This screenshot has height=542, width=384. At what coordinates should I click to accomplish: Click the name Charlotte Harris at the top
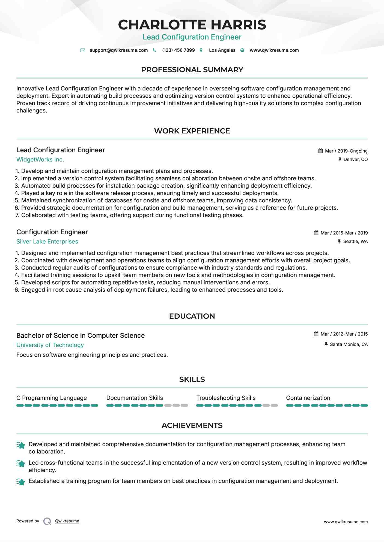[x=192, y=25]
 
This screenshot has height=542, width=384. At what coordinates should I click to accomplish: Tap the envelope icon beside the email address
[x=83, y=50]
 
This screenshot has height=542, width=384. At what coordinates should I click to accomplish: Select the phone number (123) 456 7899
[x=178, y=50]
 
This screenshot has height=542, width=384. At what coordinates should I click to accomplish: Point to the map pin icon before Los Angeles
[x=201, y=50]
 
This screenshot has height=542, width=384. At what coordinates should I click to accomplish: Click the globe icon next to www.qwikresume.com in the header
[x=242, y=50]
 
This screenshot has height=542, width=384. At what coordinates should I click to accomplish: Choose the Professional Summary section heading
[x=192, y=70]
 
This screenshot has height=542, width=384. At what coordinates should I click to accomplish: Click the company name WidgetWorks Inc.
[x=40, y=160]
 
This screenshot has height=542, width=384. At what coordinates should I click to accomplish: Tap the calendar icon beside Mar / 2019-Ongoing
[x=320, y=151]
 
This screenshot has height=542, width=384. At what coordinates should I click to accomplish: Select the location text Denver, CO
[x=355, y=160]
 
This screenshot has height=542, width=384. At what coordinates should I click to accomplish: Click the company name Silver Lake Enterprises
[x=47, y=242]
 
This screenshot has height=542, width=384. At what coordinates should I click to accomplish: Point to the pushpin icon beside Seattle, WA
[x=339, y=242]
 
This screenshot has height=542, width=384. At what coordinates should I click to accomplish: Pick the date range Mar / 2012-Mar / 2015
[x=344, y=334]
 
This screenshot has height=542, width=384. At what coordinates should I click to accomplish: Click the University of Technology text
[x=50, y=345]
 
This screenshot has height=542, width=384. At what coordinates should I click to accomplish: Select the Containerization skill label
[x=308, y=398]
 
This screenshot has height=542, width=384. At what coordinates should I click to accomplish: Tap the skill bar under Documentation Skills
[x=147, y=406]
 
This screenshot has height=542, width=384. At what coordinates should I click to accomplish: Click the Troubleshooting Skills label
[x=226, y=398]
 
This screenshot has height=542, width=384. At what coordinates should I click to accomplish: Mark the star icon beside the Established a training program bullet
[x=21, y=482]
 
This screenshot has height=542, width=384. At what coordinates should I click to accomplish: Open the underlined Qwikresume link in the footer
[x=67, y=521]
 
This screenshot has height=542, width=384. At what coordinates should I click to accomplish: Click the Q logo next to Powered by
[x=47, y=521]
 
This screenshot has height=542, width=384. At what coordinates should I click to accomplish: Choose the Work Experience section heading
[x=192, y=131]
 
